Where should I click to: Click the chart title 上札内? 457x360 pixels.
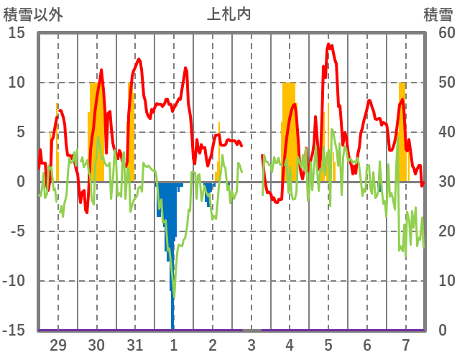click(x=228, y=14)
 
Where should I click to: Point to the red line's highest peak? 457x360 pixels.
click(x=328, y=45)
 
